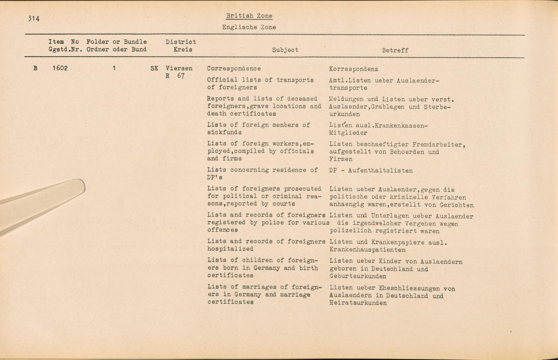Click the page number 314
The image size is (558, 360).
34,19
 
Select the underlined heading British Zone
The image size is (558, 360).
249,16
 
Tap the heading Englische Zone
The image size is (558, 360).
249,27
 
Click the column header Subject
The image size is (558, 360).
285,50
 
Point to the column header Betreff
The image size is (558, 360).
395,51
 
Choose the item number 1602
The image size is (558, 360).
60,68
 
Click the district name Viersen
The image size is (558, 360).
179,68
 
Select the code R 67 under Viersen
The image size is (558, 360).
175,76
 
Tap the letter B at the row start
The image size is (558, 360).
35,68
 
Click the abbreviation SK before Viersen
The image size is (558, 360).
154,68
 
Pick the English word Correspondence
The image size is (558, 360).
234,69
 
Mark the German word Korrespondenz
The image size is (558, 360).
353,69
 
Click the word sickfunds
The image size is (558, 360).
224,132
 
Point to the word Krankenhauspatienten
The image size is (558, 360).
367,250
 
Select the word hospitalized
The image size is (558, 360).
230,249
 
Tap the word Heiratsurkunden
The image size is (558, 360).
358,303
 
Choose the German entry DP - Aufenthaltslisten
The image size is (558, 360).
371,171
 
